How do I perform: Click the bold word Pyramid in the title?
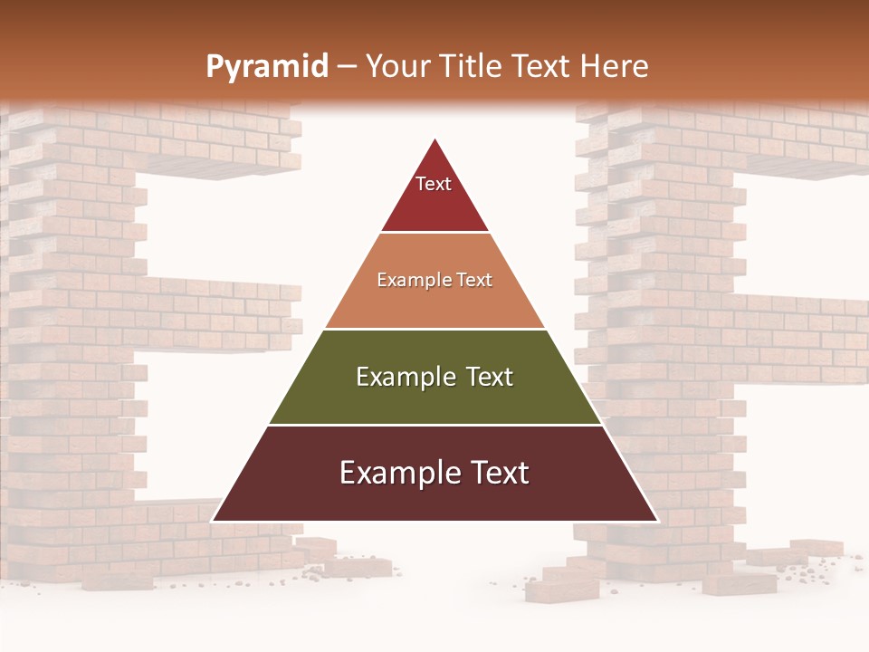(x=266, y=67)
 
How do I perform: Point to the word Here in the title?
(x=615, y=67)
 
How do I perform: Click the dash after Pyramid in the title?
(x=347, y=67)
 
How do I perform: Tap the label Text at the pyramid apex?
(x=434, y=184)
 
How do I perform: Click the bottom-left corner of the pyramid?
(x=213, y=521)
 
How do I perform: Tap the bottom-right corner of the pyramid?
(x=657, y=521)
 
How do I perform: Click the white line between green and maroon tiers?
(x=434, y=425)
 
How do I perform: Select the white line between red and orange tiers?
(x=434, y=233)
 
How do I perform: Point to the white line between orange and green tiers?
(x=434, y=329)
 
